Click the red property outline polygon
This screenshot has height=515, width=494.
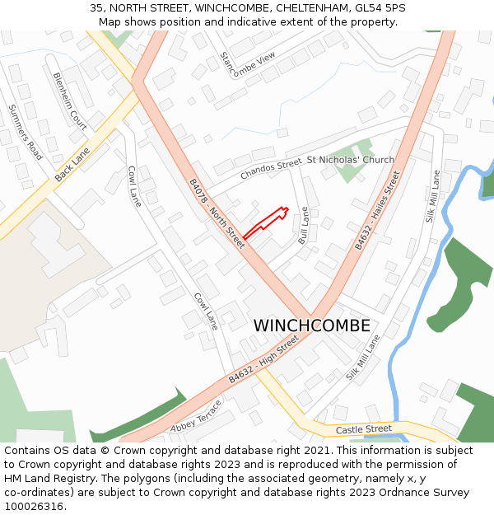click(265, 223)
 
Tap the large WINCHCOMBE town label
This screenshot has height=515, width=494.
click(311, 325)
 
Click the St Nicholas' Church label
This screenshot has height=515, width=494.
click(350, 160)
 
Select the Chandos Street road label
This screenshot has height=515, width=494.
click(271, 170)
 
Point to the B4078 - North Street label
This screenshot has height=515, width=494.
click(217, 214)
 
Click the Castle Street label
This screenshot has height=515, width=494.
click(364, 429)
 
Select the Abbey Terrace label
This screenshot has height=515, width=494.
click(196, 417)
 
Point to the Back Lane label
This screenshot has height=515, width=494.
click(72, 166)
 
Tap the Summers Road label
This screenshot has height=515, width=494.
click(25, 132)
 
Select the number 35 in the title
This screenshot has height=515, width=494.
click(96, 8)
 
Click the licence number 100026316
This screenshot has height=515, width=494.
click(34, 506)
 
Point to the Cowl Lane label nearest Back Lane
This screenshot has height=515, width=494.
click(134, 185)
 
